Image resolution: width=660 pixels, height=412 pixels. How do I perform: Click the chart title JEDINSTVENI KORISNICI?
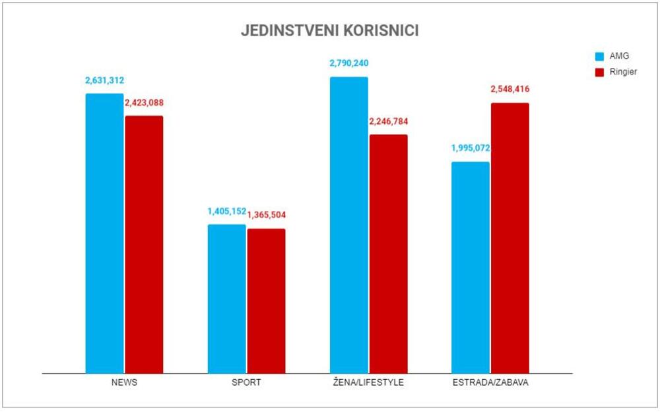tap(329, 32)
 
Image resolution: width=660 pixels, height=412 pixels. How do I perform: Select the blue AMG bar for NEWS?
tap(104, 233)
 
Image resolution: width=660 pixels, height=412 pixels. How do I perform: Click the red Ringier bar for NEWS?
tap(144, 245)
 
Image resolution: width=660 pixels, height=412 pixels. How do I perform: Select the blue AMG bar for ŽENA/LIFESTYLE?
tap(349, 225)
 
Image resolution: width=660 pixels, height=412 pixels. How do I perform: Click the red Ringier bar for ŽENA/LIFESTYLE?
tap(388, 254)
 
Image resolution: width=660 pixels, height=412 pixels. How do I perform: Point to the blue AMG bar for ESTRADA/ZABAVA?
tap(471, 268)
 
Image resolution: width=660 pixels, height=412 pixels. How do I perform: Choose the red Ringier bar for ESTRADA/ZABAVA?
tap(510, 238)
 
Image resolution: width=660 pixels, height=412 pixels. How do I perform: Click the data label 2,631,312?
tap(104, 80)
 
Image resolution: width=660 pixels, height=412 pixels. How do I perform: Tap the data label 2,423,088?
tap(144, 103)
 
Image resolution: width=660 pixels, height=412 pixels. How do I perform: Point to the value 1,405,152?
tap(226, 212)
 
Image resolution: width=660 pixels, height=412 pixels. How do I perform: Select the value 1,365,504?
tap(267, 215)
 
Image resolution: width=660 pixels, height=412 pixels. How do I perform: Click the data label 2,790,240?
tap(349, 64)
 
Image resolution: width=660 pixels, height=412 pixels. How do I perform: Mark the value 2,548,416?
tap(510, 90)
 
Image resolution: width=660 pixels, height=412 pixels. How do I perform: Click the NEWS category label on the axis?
tap(124, 383)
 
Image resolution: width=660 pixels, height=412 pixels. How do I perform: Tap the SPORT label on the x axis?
tap(246, 383)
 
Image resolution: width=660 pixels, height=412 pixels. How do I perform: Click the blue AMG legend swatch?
tap(600, 56)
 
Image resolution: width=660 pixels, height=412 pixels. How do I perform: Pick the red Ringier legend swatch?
tap(600, 73)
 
